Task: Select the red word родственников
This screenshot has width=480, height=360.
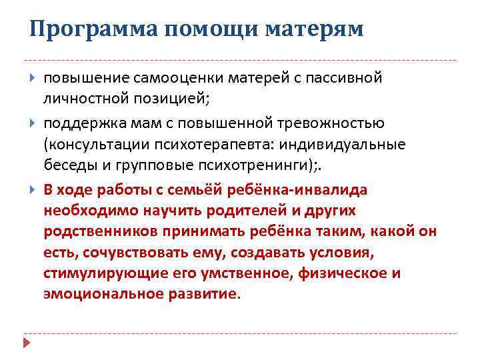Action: click(x=95, y=231)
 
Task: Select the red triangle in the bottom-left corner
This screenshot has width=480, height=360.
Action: click(x=27, y=343)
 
